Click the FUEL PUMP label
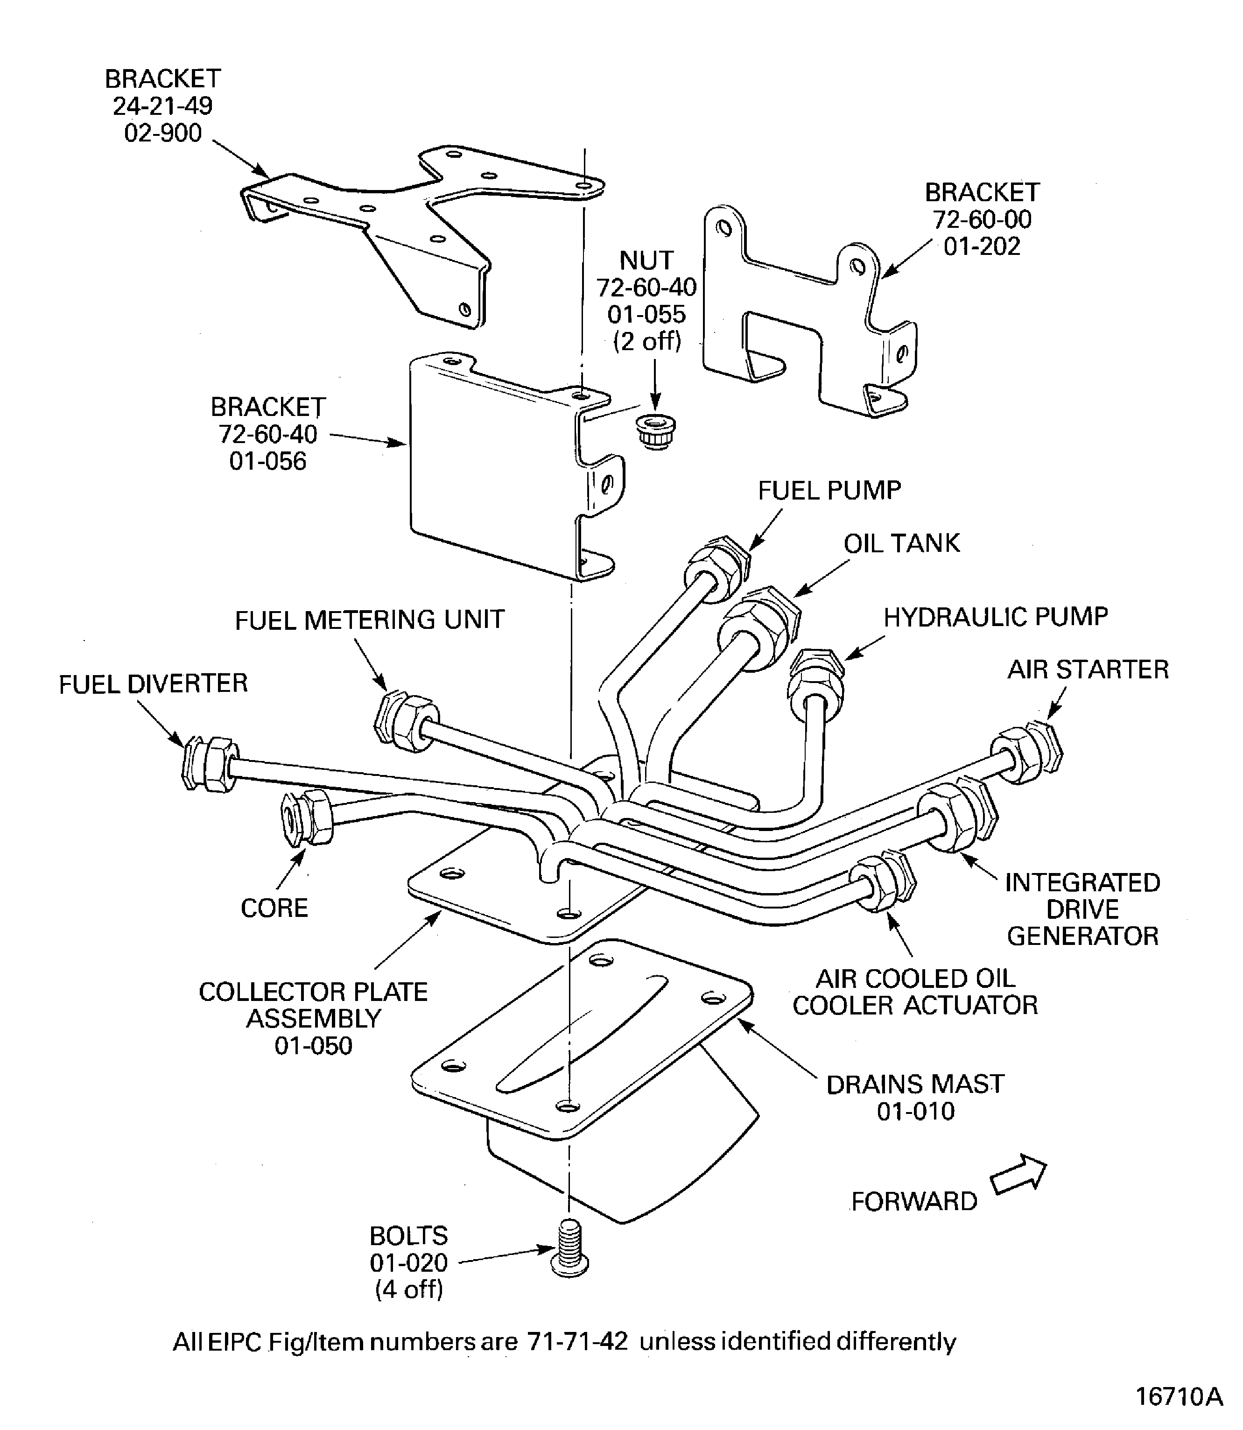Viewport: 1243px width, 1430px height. (x=829, y=491)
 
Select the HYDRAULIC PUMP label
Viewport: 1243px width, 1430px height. (x=995, y=617)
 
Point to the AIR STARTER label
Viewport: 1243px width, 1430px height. (x=1088, y=669)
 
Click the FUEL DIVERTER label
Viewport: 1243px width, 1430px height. (x=153, y=684)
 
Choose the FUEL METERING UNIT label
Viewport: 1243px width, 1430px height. (x=369, y=620)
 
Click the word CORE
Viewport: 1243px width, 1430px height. (x=274, y=908)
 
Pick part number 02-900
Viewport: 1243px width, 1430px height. (x=163, y=133)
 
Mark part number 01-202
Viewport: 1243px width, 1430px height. (x=982, y=247)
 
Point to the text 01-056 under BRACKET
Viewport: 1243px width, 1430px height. (x=268, y=461)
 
